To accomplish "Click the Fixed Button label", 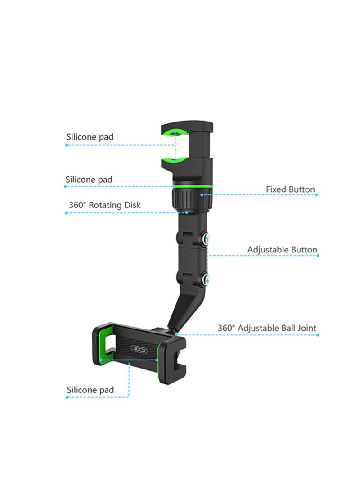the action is [x=290, y=189].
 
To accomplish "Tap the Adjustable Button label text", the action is [x=282, y=250].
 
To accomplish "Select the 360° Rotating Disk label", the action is [x=104, y=205].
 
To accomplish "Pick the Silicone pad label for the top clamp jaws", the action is [x=90, y=137].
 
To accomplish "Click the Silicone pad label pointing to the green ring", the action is [x=89, y=180].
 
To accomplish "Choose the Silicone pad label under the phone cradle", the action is [x=90, y=390].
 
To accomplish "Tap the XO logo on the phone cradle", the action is [x=139, y=349].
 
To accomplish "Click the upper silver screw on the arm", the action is [x=206, y=240].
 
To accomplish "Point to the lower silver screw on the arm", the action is [x=206, y=279].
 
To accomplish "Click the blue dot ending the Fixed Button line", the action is [x=316, y=195].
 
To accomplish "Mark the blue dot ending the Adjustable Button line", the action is [x=318, y=256].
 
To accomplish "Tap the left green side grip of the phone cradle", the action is [x=105, y=344].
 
